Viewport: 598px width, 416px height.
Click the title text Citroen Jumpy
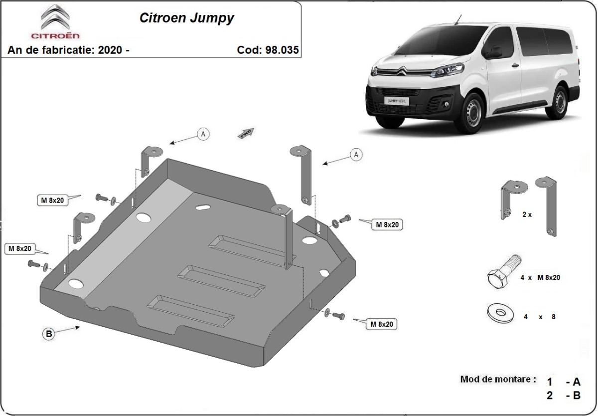tap(186, 18)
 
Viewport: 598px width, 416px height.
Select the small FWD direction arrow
tap(247, 132)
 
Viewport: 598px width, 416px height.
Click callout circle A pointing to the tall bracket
tap(356, 155)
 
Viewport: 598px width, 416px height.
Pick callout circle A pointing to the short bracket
tap(203, 133)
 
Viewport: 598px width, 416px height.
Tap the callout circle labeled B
tap(49, 335)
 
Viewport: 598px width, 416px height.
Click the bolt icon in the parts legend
tap(503, 272)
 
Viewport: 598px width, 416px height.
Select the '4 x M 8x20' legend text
tap(540, 277)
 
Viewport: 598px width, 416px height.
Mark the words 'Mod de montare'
tap(498, 379)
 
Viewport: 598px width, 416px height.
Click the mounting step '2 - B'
tap(564, 396)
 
